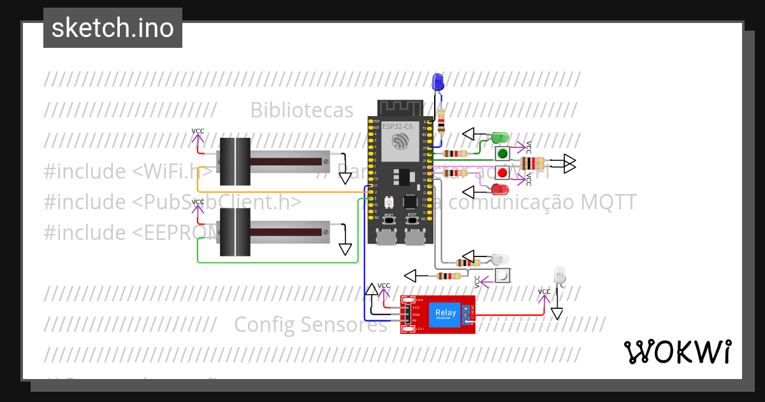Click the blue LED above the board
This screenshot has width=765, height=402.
point(438,82)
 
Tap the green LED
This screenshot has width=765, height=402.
point(499,137)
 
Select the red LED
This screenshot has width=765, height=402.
point(500,189)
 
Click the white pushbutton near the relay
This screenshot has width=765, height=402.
point(503,276)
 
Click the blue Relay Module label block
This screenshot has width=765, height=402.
point(445,313)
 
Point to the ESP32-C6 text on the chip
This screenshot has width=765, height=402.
point(397,126)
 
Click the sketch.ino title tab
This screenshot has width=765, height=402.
point(113,28)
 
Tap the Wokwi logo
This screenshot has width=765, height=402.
point(677,352)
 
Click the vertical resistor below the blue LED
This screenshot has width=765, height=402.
point(441,120)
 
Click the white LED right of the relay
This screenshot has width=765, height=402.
point(560,276)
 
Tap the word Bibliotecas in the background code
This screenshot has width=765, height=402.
point(302,110)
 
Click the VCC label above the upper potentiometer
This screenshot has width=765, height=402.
point(198,131)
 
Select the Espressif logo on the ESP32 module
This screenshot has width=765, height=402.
point(400,140)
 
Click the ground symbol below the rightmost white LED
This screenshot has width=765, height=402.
point(557,313)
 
